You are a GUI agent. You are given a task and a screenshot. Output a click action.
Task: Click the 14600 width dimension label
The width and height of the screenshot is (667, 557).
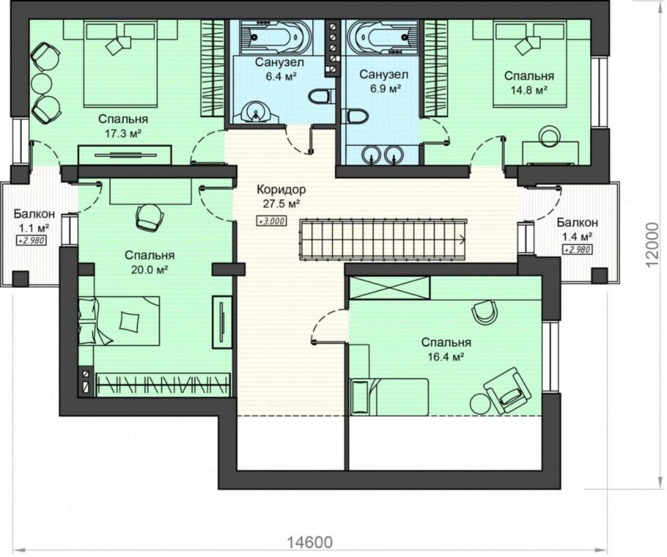coord(309,542)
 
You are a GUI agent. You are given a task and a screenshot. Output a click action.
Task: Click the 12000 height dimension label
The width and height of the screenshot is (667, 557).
coord(655,246)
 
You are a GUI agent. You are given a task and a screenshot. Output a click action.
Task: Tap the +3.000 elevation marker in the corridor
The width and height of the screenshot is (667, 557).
coord(271,221)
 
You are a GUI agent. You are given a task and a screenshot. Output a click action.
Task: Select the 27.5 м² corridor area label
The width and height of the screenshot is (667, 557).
coord(281,204)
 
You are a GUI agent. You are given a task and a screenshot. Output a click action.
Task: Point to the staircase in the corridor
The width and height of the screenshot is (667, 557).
coord(383,239)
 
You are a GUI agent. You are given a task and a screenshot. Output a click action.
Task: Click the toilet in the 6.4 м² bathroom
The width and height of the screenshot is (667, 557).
coord(319,97)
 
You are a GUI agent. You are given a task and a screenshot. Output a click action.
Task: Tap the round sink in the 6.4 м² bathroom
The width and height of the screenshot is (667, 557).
coord(255,114)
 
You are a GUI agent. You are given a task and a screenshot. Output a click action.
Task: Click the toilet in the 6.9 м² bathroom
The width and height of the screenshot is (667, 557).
coord(355,116)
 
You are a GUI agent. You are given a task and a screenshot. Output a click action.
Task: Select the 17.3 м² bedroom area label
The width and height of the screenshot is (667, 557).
coord(123,134)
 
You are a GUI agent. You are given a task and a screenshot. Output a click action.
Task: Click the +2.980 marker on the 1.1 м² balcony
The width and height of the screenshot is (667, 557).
coord(31,241)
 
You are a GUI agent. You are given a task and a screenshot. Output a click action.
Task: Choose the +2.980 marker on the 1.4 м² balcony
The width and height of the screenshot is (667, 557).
coord(578,250)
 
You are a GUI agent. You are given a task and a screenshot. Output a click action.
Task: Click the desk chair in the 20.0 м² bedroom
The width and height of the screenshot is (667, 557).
coord(150,218)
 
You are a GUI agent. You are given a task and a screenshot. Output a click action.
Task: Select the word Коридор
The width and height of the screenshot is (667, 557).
coord(281,189)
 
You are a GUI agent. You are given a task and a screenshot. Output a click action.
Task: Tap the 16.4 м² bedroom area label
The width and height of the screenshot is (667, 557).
coord(446,357)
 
